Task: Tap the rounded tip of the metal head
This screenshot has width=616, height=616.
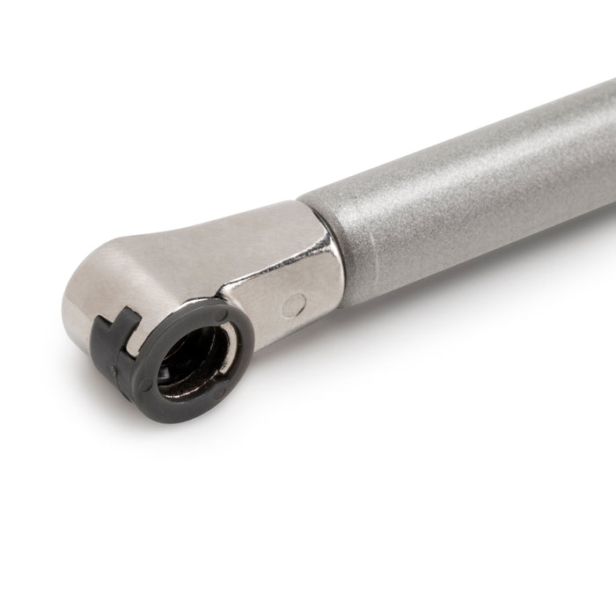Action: click(x=75, y=299)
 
